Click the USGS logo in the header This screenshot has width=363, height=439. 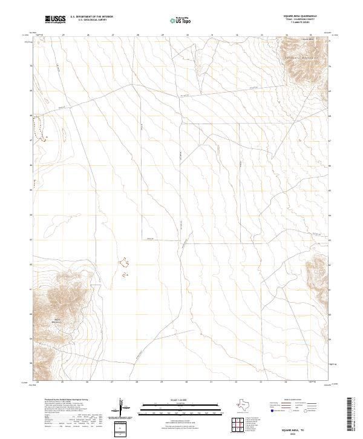[x=56, y=19]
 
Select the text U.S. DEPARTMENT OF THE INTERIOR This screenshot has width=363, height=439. [x=91, y=17]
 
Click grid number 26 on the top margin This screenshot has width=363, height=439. [x=88, y=35]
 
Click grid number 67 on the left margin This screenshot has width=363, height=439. [x=31, y=140]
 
